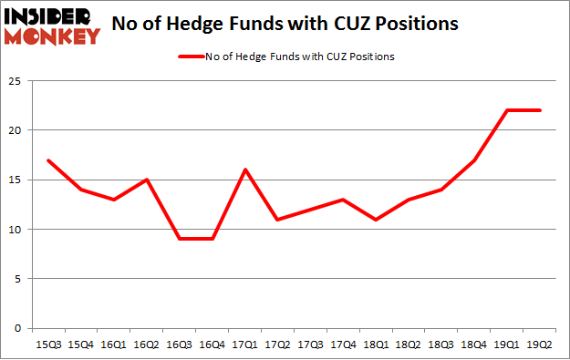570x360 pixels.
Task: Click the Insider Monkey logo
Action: pyautogui.click(x=52, y=25)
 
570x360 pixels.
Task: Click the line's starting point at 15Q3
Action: pyautogui.click(x=48, y=160)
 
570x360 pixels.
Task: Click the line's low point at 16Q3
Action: pyautogui.click(x=181, y=239)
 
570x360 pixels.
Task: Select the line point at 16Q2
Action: pyautogui.click(x=148, y=180)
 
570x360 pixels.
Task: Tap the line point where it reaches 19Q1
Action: pyautogui.click(x=507, y=110)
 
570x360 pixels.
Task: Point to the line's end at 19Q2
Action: pyautogui.click(x=540, y=110)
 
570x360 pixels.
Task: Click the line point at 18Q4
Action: pyautogui.click(x=474, y=160)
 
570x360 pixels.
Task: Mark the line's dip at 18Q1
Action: pyautogui.click(x=375, y=220)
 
